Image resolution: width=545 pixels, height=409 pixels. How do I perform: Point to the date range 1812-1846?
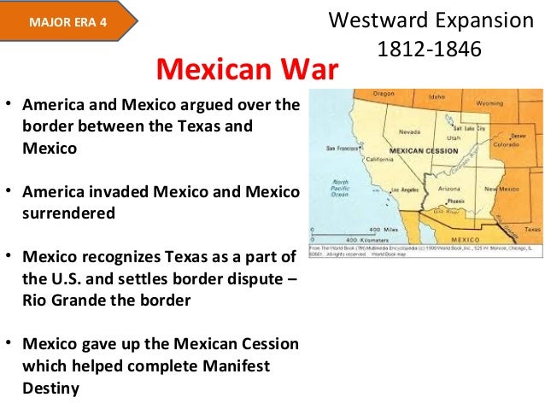point(429,50)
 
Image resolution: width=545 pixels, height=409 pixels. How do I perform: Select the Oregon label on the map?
point(384,94)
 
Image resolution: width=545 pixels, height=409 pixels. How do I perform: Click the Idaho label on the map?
point(437,96)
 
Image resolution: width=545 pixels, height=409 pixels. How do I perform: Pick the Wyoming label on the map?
point(489,102)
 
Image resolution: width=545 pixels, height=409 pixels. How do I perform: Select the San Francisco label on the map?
point(340,148)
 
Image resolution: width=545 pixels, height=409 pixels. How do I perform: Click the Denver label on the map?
point(517,136)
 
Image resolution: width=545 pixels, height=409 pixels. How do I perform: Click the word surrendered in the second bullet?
point(68,213)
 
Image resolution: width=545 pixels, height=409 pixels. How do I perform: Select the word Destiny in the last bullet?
point(50,388)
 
